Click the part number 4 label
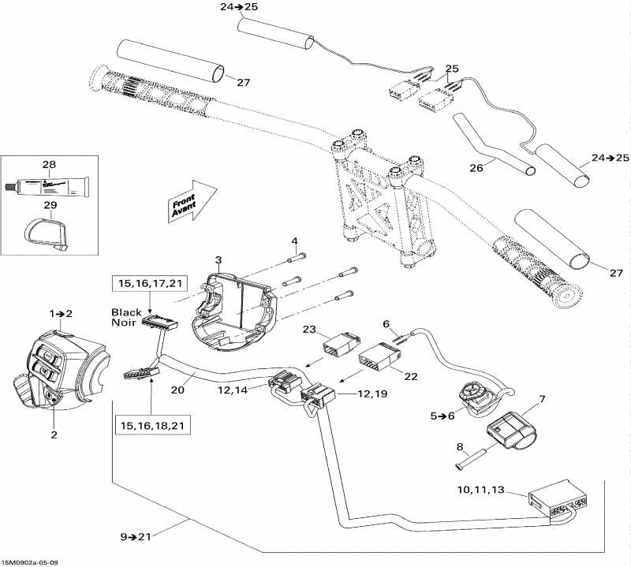[294, 241]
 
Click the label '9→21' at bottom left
[136, 537]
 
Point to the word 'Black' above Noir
[126, 312]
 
